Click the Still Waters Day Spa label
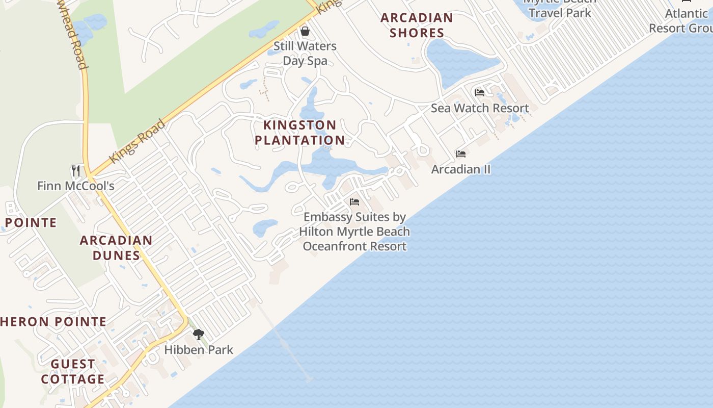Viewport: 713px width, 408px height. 305,54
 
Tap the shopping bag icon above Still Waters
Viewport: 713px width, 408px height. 305,32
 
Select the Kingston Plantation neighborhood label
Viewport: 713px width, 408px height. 300,133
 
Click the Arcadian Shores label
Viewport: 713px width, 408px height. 417,25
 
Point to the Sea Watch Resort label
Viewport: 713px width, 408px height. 480,108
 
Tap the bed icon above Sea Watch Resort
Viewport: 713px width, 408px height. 480,93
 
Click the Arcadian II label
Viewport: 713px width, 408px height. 461,169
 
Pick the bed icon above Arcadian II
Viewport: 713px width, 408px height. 461,154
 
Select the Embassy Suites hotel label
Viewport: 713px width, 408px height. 354,232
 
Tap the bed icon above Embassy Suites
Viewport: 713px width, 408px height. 354,202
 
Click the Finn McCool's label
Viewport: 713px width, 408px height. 76,186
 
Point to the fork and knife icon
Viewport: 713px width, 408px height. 76,170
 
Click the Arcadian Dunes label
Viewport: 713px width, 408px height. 116,247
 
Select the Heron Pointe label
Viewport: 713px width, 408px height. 53,322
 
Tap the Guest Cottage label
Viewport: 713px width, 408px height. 73,371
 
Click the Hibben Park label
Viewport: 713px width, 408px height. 199,350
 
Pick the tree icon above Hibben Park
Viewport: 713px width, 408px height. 199,335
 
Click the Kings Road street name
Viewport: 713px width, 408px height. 138,141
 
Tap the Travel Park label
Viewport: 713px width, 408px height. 560,12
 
